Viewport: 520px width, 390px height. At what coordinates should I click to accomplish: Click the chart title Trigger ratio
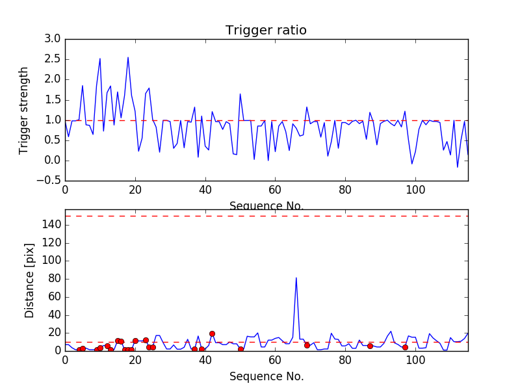pos(266,30)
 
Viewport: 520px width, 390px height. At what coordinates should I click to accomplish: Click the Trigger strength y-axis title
pos(24,110)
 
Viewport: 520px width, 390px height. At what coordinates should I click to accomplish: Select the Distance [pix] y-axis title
pos(30,285)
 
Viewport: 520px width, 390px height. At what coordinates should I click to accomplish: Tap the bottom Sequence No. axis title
pos(266,376)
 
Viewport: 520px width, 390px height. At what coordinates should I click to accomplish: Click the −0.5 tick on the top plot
pos(48,181)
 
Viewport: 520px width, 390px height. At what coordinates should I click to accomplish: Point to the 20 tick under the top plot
pos(135,190)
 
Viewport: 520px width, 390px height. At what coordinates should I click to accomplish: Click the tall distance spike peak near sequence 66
pos(296,278)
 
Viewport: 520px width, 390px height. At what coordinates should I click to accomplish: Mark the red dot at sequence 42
pos(212,333)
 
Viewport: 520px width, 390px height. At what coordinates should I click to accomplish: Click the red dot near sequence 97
pos(405,347)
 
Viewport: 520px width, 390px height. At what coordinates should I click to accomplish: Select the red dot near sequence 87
pos(370,346)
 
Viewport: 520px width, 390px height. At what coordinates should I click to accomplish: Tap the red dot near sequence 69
pos(307,345)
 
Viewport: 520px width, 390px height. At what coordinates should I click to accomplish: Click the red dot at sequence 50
pos(240,349)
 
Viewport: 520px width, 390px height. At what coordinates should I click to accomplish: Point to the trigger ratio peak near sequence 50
pos(240,94)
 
